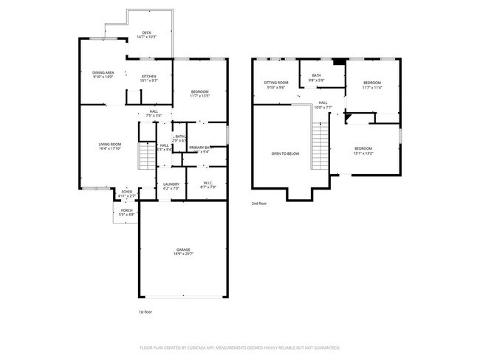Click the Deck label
147,32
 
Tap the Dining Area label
103,72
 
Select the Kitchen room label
148,77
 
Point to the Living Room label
109,144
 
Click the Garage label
182,249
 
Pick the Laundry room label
171,184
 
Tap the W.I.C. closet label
208,184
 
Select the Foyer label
127,192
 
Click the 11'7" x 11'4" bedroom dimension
371,87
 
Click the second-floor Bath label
316,75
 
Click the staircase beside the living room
148,155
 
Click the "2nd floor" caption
259,203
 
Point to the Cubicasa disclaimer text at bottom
239,347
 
